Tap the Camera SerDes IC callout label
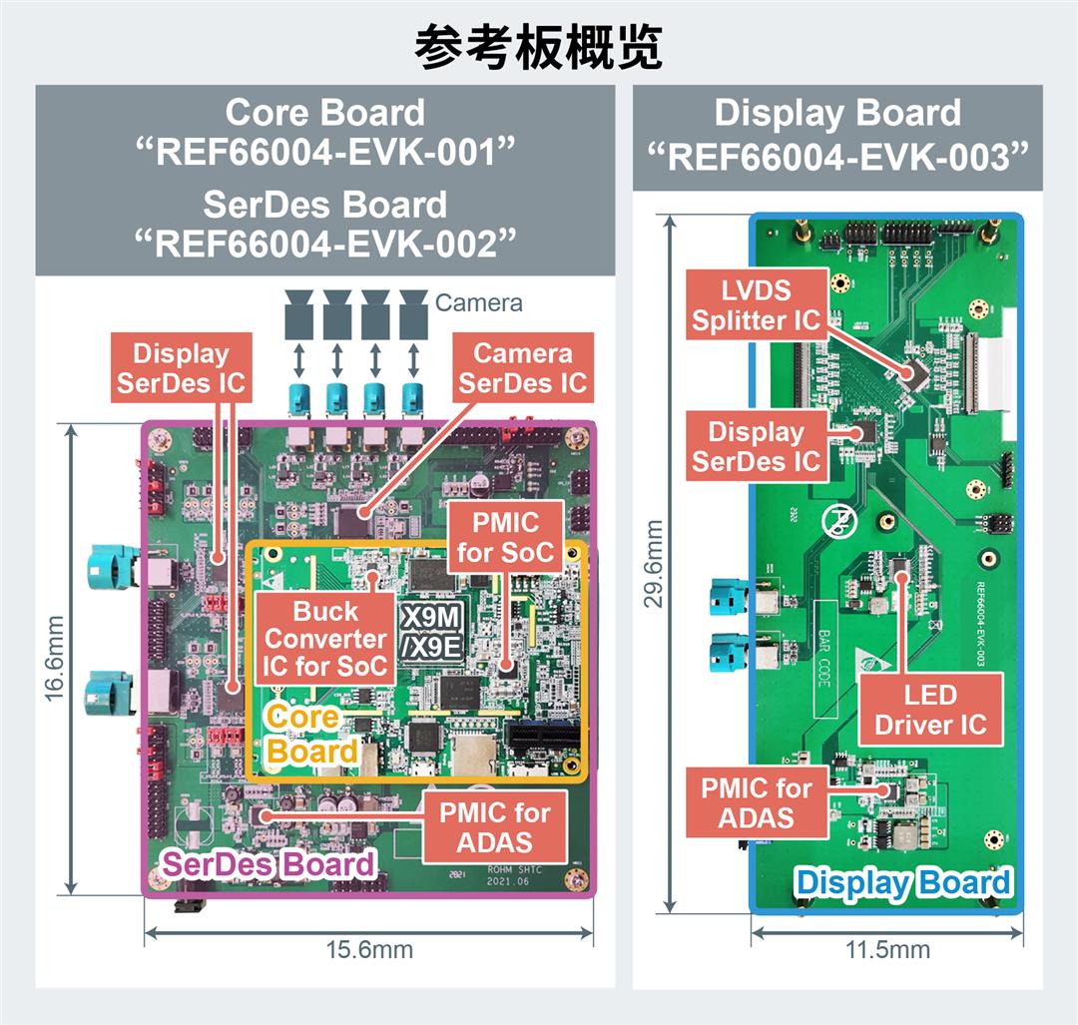tap(523, 367)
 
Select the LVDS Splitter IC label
tap(756, 305)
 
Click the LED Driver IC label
tap(930, 710)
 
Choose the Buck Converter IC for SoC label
tap(326, 639)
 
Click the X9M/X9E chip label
tap(432, 632)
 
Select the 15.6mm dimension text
tap(369, 949)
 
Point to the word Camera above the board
tap(479, 301)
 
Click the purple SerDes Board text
tap(268, 864)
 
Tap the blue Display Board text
tap(902, 882)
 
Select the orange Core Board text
tap(312, 734)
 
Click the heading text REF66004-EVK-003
tap(837, 157)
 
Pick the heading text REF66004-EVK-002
tap(324, 244)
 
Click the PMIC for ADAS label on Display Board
tap(756, 802)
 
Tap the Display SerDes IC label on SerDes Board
tap(181, 367)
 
